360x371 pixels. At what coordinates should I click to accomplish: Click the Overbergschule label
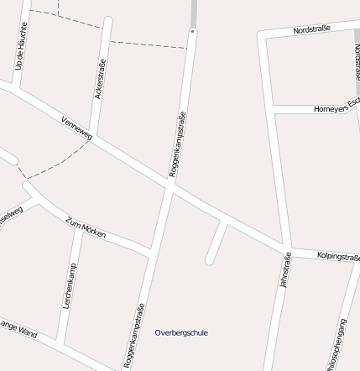181,333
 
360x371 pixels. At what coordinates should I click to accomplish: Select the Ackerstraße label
101,79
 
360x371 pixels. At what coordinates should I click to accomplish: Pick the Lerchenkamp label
70,286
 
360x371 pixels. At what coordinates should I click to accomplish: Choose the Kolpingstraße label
337,256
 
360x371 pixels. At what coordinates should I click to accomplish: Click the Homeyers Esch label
336,109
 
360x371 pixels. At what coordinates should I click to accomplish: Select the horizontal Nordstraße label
311,29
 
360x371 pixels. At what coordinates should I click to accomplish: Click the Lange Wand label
17,329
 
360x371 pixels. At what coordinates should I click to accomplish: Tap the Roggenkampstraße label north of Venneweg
177,144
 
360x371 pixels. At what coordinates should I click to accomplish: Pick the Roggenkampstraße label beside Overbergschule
134,337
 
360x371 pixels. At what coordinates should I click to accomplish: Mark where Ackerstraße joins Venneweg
92,138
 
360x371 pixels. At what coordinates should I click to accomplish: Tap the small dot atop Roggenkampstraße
192,31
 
